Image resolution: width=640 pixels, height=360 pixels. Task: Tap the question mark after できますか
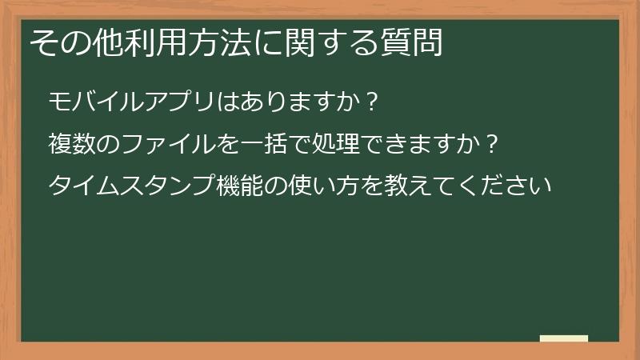click(x=493, y=146)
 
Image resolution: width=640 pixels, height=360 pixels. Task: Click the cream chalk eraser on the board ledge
click(x=563, y=338)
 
